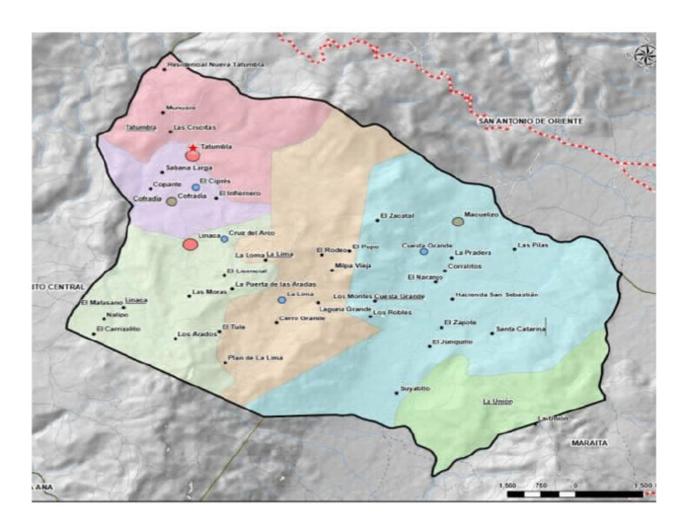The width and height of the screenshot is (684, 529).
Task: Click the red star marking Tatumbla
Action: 192,147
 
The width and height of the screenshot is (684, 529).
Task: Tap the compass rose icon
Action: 644,54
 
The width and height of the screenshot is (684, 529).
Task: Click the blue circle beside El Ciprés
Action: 196,187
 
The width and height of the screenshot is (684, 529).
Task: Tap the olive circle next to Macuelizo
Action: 458,221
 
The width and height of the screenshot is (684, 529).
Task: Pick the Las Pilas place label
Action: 534,245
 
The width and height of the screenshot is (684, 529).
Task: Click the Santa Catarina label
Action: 521,329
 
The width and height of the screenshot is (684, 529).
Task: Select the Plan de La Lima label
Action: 255,358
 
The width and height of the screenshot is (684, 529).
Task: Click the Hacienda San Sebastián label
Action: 495,295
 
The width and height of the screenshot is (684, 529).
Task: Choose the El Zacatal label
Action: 398,216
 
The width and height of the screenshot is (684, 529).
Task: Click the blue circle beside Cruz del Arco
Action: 224,239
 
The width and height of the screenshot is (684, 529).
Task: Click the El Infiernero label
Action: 240,192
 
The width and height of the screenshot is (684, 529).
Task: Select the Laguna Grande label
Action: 345,309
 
